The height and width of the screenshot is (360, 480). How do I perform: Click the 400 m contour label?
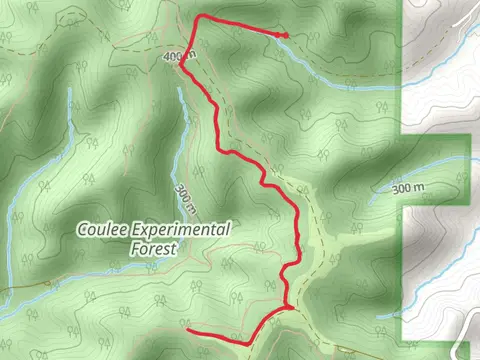(173, 57)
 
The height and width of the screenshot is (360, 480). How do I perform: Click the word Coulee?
(103, 229)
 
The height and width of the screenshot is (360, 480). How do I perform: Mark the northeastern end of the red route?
(286, 36)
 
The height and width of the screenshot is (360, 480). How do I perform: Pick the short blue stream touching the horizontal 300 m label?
(380, 195)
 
